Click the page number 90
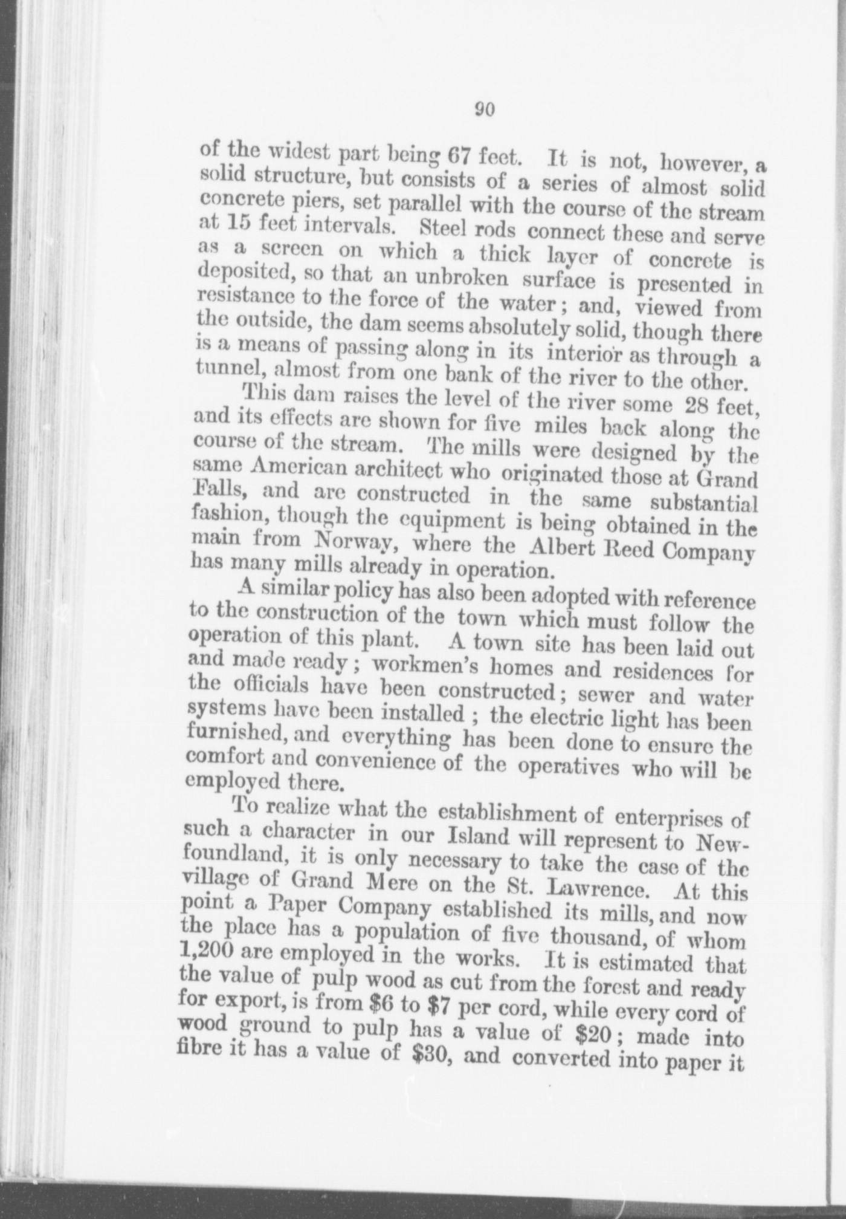coord(485,109)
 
